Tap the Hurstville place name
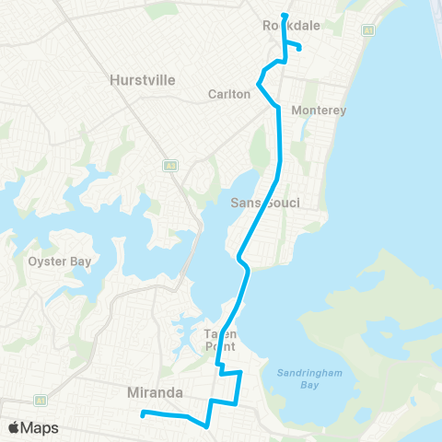tap(142, 80)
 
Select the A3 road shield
tap(170, 166)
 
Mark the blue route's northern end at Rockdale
tap(285, 16)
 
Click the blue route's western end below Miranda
tap(142, 413)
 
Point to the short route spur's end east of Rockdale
tap(300, 51)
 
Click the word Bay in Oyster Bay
tap(80, 262)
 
